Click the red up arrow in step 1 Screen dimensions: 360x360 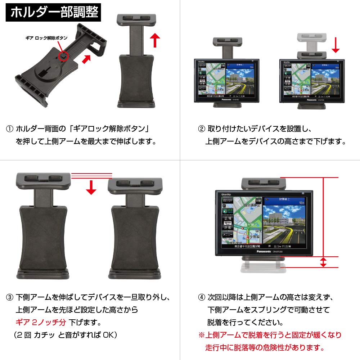coord(154,40)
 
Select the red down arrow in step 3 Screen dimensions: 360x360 coord(91,187)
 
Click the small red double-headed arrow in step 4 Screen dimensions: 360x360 coord(323,262)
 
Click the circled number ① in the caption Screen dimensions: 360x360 coord(10,129)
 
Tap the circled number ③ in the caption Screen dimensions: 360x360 coord(10,298)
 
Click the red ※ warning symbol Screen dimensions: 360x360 coord(201,335)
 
